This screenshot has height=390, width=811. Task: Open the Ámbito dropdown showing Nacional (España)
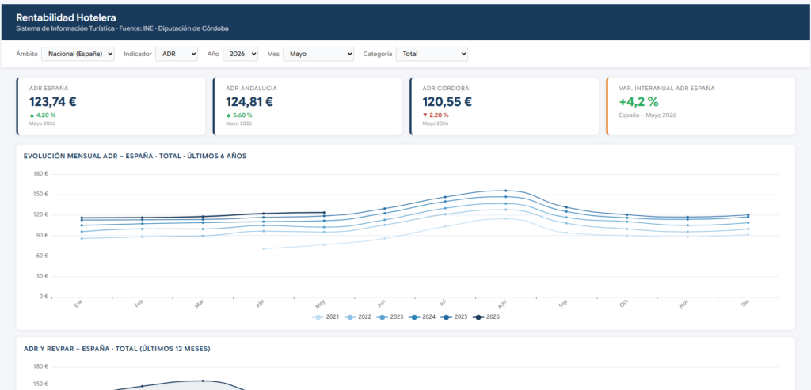pyautogui.click(x=78, y=54)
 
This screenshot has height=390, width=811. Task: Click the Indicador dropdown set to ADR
pyautogui.click(x=177, y=54)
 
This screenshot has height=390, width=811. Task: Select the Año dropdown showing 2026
pyautogui.click(x=241, y=54)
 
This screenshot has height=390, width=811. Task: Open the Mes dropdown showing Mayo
pyautogui.click(x=318, y=54)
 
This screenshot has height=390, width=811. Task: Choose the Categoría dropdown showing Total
pyautogui.click(x=432, y=54)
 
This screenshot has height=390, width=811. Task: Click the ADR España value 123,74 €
pyautogui.click(x=53, y=102)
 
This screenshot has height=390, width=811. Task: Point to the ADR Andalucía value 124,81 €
pyautogui.click(x=249, y=102)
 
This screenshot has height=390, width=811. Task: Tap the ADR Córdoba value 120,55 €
pyautogui.click(x=447, y=102)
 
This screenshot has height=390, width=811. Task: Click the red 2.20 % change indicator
pyautogui.click(x=436, y=115)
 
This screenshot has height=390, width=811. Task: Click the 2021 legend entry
pyautogui.click(x=326, y=316)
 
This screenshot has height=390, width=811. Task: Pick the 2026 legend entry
pyautogui.click(x=486, y=316)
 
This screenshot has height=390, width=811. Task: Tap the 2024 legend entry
pyautogui.click(x=422, y=316)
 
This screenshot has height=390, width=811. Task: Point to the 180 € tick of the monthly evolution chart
pyautogui.click(x=40, y=174)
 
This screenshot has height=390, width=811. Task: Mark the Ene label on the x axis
pyautogui.click(x=78, y=304)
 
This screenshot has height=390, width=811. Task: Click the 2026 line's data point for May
pyautogui.click(x=324, y=212)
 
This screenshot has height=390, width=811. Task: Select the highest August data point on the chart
pyautogui.click(x=506, y=191)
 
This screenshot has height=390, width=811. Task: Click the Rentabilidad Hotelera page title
pyautogui.click(x=67, y=18)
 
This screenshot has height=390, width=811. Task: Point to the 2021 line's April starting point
pyautogui.click(x=263, y=248)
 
